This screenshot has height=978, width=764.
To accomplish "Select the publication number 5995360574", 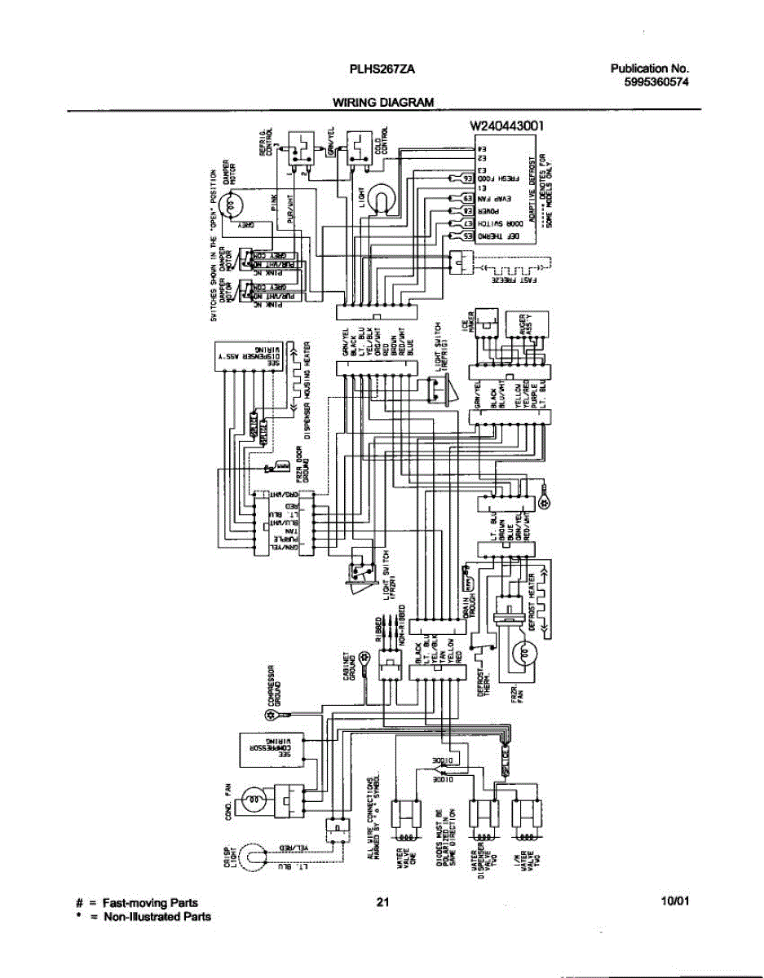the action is coord(650,81).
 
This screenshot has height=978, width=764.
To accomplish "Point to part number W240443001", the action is coord(506,126).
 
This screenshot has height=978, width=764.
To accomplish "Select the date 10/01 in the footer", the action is coord(675,901).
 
